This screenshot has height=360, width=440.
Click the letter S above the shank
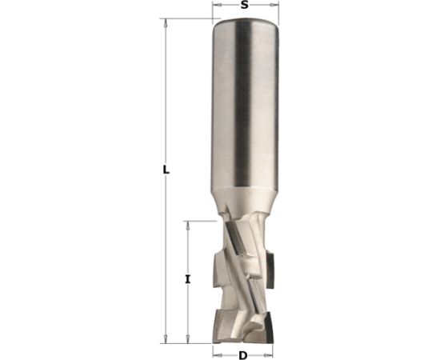pos(245,6)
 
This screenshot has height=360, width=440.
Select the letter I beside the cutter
pos(187,279)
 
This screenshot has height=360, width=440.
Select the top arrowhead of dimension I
pos(187,226)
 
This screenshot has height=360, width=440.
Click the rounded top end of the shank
pos(245,29)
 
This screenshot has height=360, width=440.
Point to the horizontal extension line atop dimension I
pos(200,222)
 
